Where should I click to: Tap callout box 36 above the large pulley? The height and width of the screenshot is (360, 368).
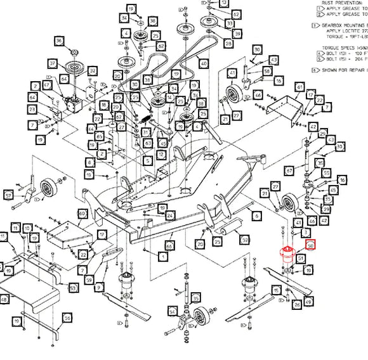[x=59, y=41]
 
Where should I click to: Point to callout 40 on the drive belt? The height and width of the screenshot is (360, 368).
[x=203, y=63]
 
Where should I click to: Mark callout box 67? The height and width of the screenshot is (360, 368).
[x=289, y=170]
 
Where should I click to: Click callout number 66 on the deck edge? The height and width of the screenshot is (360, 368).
[x=169, y=245]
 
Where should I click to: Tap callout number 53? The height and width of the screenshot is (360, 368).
[x=73, y=288]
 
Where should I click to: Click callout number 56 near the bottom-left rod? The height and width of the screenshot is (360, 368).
[x=67, y=318]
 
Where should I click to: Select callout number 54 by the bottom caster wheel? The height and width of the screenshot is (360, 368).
[x=172, y=311]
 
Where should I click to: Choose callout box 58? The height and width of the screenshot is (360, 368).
[x=267, y=71]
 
